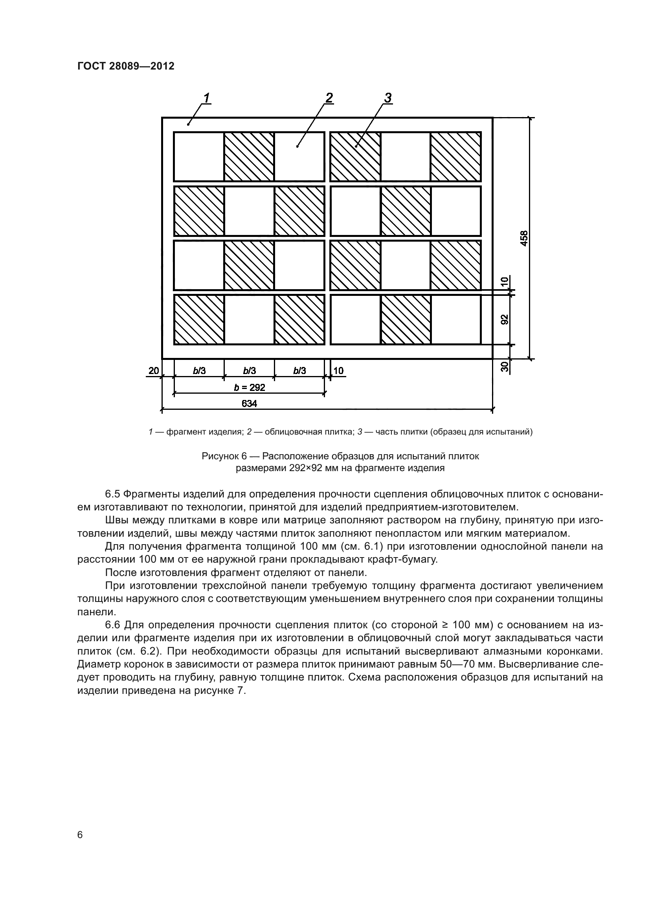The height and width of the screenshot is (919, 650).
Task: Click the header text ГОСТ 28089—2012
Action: pyautogui.click(x=126, y=66)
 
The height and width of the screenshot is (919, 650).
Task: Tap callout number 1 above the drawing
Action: pyautogui.click(x=207, y=98)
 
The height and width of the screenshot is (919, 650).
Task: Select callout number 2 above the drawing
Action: pyautogui.click(x=329, y=98)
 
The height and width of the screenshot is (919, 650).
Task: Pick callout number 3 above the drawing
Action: pyautogui.click(x=387, y=98)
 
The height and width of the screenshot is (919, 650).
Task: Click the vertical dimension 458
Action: pyautogui.click(x=524, y=238)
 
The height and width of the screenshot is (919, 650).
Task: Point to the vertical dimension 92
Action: pyautogui.click(x=505, y=319)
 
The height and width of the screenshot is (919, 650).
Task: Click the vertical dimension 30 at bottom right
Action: pyautogui.click(x=505, y=366)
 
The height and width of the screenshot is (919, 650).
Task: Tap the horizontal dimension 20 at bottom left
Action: pyautogui.click(x=154, y=371)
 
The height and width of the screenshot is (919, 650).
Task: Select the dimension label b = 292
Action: pyautogui.click(x=250, y=387)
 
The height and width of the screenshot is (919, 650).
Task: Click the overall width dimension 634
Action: pyautogui.click(x=250, y=404)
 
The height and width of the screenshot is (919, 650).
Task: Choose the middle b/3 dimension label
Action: pyautogui.click(x=250, y=371)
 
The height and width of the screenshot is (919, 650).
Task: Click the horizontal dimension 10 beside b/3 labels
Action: pyautogui.click(x=339, y=371)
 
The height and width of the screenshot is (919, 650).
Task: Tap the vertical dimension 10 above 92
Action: pyautogui.click(x=505, y=281)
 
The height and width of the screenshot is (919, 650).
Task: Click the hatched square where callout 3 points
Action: pyautogui.click(x=355, y=156)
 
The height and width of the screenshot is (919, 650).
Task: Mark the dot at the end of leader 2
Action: pyautogui.click(x=297, y=147)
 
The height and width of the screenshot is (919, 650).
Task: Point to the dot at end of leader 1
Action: pyautogui.click(x=188, y=125)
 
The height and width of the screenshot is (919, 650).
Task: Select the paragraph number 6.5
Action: pyautogui.click(x=112, y=494)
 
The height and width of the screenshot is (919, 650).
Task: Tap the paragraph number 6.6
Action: pyautogui.click(x=112, y=625)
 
